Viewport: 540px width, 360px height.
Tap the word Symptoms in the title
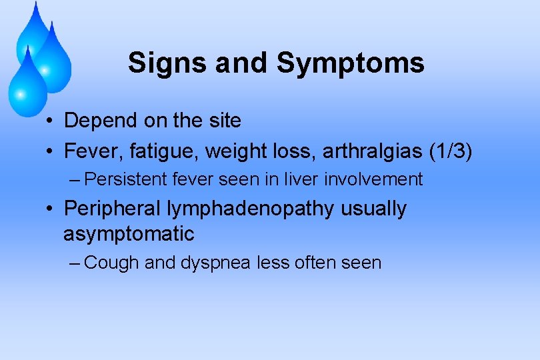click(x=351, y=64)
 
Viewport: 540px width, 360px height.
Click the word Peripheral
click(x=112, y=209)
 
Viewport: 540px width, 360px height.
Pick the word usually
click(x=373, y=209)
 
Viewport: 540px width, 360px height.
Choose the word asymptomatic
click(x=129, y=234)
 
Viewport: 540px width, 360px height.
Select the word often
click(x=313, y=263)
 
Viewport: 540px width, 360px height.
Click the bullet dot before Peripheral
click(x=50, y=209)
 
